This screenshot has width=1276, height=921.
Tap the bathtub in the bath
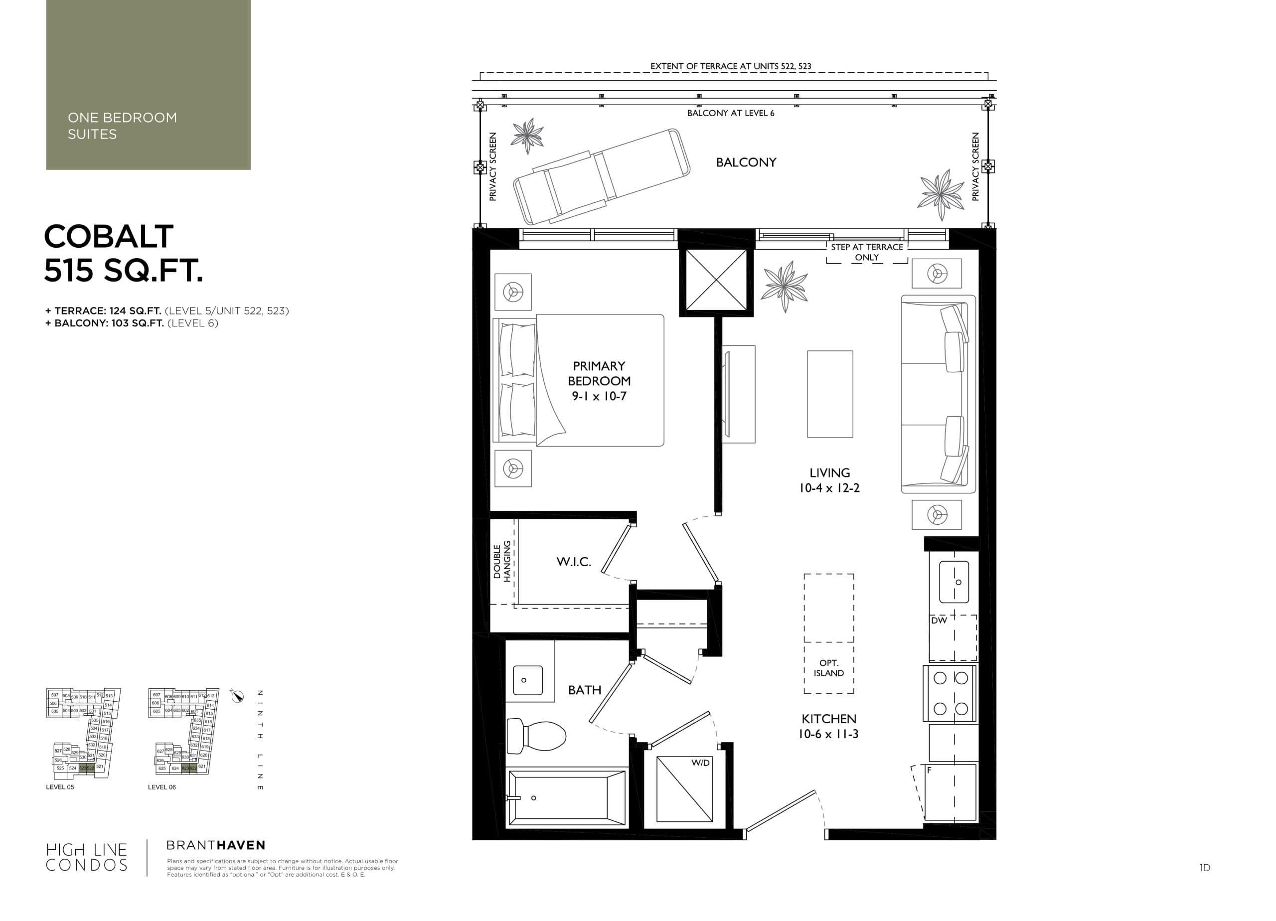(x=567, y=798)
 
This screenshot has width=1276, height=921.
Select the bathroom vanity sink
(x=527, y=680)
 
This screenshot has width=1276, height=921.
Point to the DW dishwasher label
(x=939, y=620)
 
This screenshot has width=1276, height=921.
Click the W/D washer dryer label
(x=700, y=763)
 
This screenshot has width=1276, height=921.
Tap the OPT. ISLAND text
(x=828, y=668)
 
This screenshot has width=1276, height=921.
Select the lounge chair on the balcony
(x=601, y=176)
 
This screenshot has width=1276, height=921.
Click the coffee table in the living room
(x=830, y=394)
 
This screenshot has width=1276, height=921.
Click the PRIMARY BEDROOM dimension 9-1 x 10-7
(x=599, y=397)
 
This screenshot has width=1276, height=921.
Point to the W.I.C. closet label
(x=573, y=562)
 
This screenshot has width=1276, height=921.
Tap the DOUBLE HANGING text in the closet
(x=502, y=561)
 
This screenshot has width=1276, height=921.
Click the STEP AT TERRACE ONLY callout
(x=866, y=252)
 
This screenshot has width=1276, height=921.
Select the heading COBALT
(x=109, y=236)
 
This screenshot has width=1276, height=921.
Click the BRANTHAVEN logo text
(x=215, y=845)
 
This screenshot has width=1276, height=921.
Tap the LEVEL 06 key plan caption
(x=161, y=787)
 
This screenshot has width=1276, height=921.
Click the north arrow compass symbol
(x=237, y=696)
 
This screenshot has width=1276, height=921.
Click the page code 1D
(x=1205, y=868)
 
